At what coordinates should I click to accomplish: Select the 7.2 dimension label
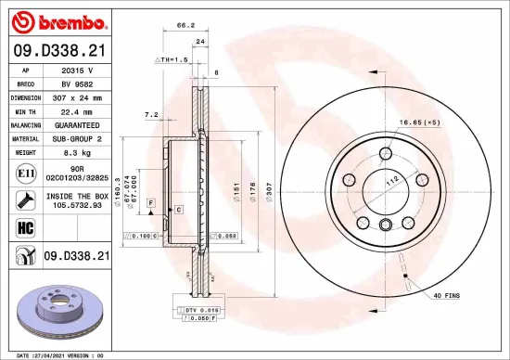[151, 115]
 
